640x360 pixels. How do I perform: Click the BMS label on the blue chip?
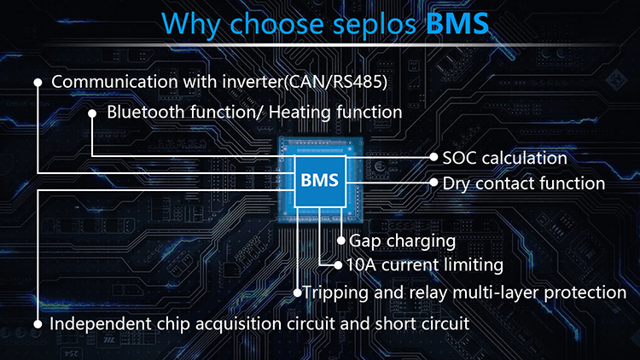320,181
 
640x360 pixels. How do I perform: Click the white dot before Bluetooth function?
92,113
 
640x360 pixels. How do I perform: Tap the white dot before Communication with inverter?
38,83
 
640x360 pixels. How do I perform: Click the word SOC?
460,158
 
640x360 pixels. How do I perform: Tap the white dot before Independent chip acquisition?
38,325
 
